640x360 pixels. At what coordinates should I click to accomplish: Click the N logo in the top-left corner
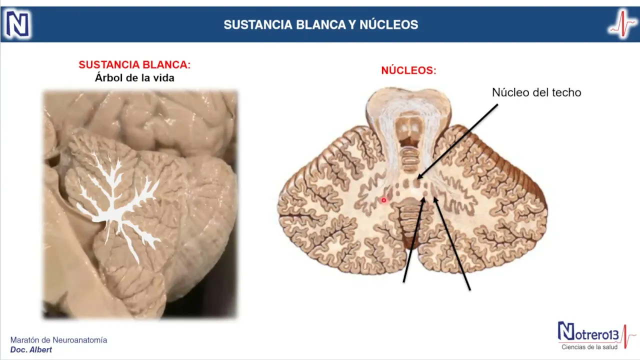(17, 24)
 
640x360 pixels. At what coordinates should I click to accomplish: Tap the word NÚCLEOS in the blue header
(388, 25)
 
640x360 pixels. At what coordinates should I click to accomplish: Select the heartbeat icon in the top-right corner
(622, 24)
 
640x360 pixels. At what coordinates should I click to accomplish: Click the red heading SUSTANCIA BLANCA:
(134, 65)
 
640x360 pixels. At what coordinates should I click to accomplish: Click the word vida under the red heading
(163, 78)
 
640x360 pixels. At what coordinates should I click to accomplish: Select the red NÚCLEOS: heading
(408, 71)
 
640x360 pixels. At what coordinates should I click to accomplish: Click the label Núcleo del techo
(536, 92)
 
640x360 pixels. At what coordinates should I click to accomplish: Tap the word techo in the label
(566, 92)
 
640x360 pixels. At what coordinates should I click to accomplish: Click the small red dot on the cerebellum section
(383, 200)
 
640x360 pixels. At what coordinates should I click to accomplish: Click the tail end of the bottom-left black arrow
(404, 281)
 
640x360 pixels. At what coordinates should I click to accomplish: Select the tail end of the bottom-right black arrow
(469, 289)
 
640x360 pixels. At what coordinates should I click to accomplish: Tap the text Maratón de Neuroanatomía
(58, 340)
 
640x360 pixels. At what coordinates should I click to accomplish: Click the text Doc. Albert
(31, 349)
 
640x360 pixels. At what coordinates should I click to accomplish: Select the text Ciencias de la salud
(589, 347)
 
